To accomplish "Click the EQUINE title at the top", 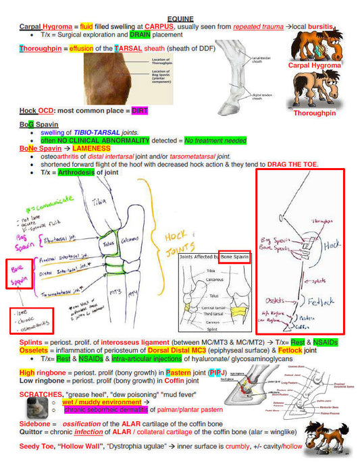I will click(181, 19).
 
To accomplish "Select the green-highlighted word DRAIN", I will click(140, 34).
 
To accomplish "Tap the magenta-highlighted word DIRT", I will click(139, 110).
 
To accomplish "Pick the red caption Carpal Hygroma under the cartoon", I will click(315, 65).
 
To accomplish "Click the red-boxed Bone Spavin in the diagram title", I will click(234, 257).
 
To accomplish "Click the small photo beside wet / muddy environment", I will click(32, 407).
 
